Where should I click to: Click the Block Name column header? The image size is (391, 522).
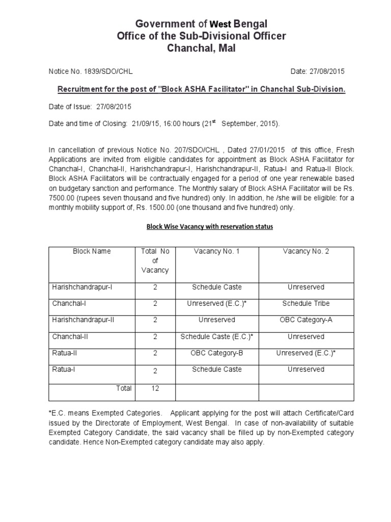click(92, 251)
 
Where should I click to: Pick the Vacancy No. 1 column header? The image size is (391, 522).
click(216, 251)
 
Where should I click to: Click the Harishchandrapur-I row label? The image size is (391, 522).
click(82, 287)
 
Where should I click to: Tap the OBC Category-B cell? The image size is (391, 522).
click(216, 352)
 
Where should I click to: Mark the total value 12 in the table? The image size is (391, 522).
click(155, 388)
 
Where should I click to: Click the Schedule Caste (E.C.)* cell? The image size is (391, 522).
click(216, 336)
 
